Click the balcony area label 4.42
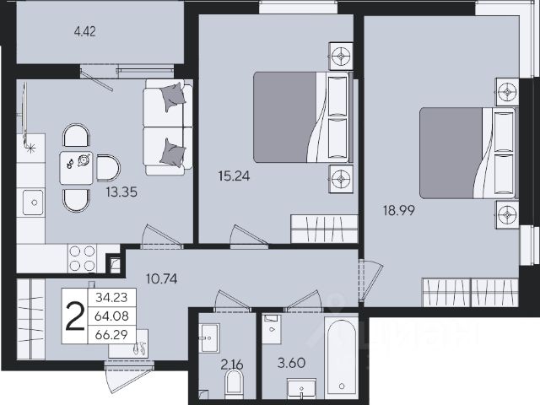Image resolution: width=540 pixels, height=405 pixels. [x=84, y=32]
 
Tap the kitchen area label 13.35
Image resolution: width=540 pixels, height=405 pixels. [x=121, y=192]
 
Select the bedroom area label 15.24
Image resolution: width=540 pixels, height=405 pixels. [x=234, y=176]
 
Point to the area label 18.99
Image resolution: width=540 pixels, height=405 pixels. [x=399, y=210]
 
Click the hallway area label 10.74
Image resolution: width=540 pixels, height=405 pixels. [x=161, y=278]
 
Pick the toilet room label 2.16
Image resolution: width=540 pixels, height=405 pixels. [x=233, y=364]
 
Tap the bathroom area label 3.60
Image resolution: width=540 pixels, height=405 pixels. [x=291, y=363]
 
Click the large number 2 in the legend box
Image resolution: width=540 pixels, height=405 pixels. [x=75, y=316]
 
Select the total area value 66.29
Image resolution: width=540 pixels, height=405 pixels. [x=111, y=334]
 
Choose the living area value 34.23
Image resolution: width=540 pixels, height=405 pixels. [x=111, y=297]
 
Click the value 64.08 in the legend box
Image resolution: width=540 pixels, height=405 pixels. [x=111, y=316]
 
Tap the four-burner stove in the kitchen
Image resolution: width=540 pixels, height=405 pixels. [x=83, y=258]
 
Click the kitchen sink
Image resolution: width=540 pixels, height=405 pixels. [x=34, y=202]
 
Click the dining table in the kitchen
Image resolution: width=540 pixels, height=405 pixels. [x=76, y=168]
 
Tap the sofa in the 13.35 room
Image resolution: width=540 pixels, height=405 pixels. [x=168, y=127]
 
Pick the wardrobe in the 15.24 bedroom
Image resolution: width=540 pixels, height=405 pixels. [x=324, y=229]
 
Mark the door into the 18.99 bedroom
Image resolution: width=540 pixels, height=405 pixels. [x=370, y=280]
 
